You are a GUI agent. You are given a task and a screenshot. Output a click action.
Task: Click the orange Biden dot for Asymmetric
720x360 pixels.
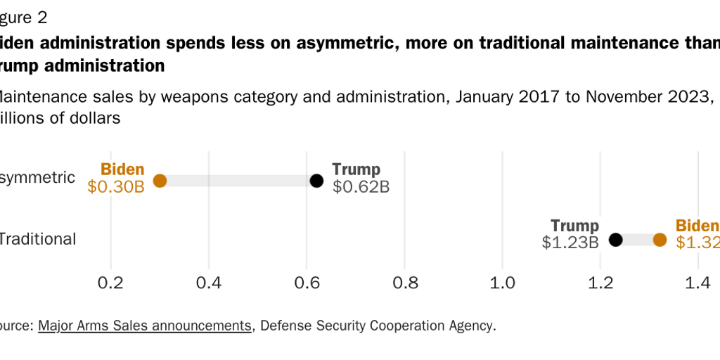click(x=160, y=181)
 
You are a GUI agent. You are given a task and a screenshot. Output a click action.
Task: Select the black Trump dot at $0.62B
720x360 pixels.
click(x=316, y=181)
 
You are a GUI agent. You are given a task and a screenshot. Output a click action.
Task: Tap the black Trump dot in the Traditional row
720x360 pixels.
click(x=615, y=240)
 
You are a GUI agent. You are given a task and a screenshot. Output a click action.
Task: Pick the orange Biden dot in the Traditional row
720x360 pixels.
click(x=660, y=240)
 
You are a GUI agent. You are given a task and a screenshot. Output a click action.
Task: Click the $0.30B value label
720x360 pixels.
click(x=116, y=187)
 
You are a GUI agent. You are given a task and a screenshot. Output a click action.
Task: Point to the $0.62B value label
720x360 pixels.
click(x=361, y=187)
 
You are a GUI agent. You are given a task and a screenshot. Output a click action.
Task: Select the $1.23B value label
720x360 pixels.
click(x=570, y=243)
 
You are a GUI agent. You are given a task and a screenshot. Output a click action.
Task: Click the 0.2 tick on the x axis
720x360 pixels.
click(x=111, y=283)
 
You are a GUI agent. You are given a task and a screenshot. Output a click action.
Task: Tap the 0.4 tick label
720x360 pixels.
click(x=209, y=283)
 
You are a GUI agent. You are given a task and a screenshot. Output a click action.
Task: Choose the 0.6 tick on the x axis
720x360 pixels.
click(x=307, y=283)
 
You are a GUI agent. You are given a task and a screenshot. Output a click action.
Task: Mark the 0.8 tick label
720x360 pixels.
click(x=404, y=283)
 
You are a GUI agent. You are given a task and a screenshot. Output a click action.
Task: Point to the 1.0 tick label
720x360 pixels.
click(x=502, y=283)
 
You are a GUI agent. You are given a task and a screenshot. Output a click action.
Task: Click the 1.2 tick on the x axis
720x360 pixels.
click(x=600, y=283)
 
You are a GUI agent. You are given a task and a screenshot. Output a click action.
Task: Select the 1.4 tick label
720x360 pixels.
click(x=697, y=283)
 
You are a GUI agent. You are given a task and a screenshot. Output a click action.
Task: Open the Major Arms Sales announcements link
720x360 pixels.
click(x=145, y=326)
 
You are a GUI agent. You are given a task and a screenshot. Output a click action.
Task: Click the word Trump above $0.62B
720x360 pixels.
click(x=356, y=169)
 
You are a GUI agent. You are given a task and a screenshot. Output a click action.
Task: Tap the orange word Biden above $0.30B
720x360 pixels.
click(x=122, y=169)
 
